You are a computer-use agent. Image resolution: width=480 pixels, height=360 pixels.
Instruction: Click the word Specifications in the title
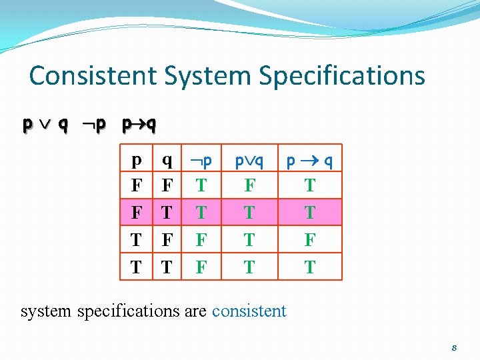pos(342,75)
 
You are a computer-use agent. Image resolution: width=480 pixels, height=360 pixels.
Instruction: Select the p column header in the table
pos(136,160)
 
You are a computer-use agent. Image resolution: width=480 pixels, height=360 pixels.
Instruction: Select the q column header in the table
pos(167,160)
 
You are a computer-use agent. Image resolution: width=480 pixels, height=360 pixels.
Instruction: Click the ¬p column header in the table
pos(201,161)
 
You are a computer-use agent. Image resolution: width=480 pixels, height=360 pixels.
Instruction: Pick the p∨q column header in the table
pos(249,161)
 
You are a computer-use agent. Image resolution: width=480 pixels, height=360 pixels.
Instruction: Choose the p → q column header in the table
pos(310,161)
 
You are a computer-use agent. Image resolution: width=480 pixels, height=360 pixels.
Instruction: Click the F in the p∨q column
pos(249,186)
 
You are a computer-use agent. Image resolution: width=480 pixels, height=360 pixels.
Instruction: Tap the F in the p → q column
pos(310,240)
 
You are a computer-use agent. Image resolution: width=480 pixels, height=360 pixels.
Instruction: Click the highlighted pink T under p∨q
pos(249,213)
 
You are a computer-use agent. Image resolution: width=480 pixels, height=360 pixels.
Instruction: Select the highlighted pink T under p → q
pos(310,213)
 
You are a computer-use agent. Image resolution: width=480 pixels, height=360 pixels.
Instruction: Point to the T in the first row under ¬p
pos(201,186)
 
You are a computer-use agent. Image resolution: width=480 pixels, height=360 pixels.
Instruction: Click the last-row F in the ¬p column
pos(201,267)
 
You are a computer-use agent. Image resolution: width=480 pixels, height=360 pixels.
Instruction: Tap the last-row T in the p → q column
pos(310,267)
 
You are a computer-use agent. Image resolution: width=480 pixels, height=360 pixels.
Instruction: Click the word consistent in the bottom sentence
pos(249,311)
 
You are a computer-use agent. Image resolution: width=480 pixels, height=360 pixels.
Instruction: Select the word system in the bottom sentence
pos(47,311)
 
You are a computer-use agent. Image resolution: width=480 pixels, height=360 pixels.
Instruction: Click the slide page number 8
pos(454,347)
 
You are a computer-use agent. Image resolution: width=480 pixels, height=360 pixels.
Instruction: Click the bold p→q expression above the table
pos(139,125)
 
